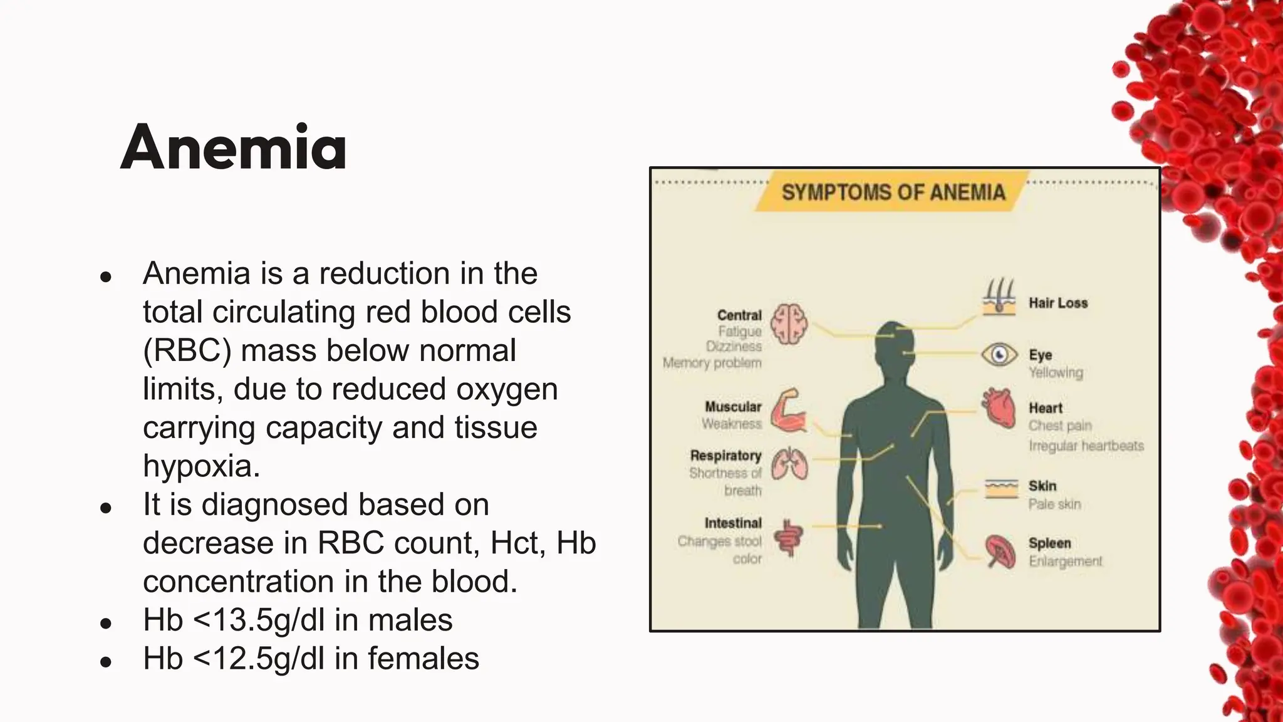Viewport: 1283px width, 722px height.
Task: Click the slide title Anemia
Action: coord(233,148)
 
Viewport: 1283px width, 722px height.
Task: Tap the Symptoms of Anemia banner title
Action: coord(893,192)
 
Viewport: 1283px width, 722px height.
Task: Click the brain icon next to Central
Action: coord(789,324)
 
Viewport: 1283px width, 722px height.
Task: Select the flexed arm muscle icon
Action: coord(787,411)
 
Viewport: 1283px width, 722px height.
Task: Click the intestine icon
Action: coord(787,537)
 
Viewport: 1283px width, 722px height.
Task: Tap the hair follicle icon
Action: coord(999,297)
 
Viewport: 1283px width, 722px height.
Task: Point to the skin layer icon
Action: coord(1001,488)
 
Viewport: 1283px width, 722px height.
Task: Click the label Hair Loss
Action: coord(1058,303)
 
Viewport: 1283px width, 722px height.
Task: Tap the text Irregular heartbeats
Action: coord(1086,446)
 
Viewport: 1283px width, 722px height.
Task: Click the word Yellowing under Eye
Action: coord(1056,372)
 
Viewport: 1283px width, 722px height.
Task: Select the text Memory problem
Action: coord(712,363)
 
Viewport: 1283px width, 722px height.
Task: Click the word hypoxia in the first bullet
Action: coord(201,466)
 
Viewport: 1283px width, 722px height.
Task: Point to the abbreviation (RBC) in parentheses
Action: coord(187,350)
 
